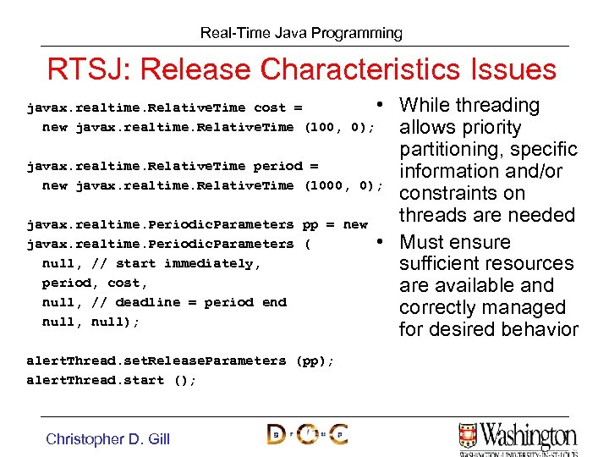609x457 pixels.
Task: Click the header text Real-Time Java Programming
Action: [301, 33]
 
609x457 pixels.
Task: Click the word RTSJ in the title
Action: [83, 69]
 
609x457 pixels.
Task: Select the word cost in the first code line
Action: [270, 107]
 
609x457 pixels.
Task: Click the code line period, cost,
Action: [95, 283]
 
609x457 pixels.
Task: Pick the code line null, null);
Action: [91, 322]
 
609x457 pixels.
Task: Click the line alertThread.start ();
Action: [111, 380]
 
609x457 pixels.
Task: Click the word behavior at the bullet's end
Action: [538, 329]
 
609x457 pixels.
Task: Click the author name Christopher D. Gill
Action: [107, 438]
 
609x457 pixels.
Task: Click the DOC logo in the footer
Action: [307, 434]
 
